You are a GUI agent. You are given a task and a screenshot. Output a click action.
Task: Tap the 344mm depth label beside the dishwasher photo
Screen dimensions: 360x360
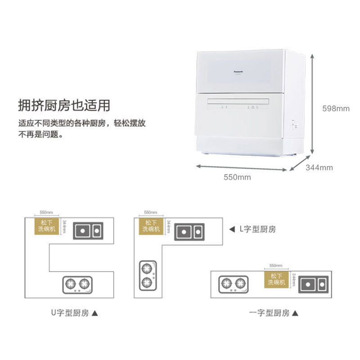click(319, 168)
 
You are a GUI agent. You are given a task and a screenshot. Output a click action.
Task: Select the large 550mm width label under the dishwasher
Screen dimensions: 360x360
click(237, 177)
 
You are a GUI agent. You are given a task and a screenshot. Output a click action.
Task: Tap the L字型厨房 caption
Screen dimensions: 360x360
click(257, 229)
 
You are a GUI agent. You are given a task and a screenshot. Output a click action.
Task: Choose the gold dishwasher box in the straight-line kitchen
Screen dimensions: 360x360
click(276, 279)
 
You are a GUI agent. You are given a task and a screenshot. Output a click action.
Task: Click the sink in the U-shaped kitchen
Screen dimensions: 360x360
click(88, 231)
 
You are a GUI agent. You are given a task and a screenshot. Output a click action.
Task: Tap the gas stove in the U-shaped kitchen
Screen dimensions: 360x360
click(77, 284)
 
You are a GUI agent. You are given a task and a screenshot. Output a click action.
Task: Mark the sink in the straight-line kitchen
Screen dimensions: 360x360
click(313, 284)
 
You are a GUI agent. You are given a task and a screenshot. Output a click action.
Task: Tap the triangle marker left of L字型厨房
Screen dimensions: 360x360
click(232, 229)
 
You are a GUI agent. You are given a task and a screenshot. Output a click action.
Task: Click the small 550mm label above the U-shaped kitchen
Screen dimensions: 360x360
click(46, 212)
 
